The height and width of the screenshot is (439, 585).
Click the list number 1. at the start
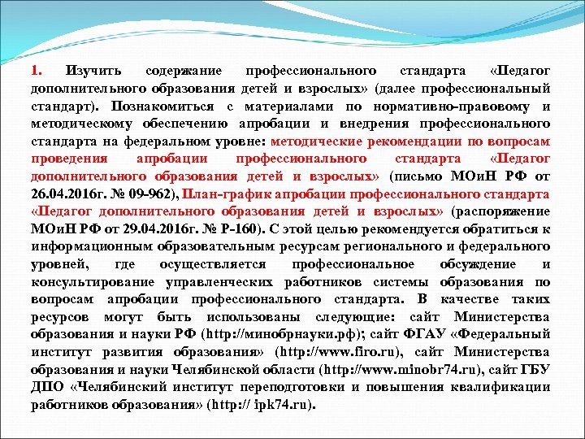click(37, 71)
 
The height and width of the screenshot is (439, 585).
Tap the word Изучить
click(96, 71)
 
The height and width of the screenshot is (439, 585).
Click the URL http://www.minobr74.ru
click(397, 370)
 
